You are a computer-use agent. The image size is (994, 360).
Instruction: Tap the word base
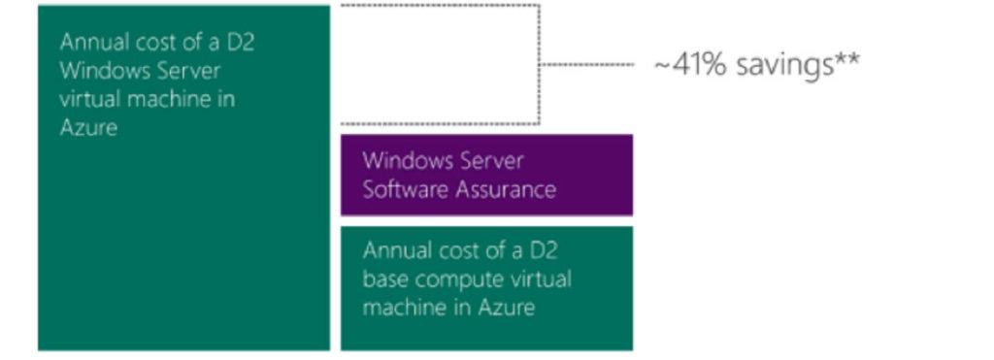384,279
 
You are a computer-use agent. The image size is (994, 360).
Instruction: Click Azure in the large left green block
88,127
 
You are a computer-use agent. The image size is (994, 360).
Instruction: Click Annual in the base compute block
395,250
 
